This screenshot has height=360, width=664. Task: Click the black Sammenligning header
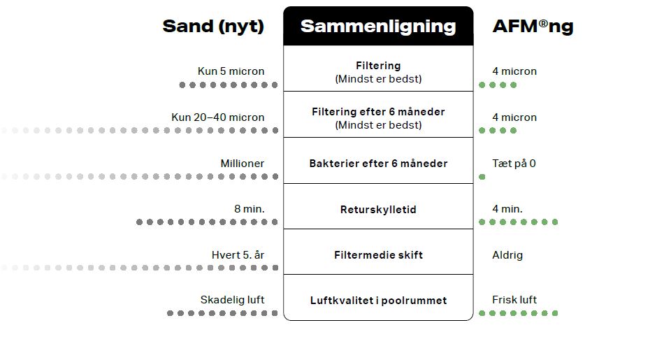(x=378, y=27)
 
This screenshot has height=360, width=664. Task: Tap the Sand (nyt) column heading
(x=213, y=27)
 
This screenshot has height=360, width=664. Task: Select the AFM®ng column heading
(x=533, y=27)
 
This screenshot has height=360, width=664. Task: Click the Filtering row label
(x=378, y=66)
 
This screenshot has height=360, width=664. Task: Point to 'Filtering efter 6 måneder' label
(x=378, y=112)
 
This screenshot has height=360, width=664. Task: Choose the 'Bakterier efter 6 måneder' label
(x=378, y=164)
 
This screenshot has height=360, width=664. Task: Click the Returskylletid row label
(x=378, y=210)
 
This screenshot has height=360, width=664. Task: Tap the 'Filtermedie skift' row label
(x=378, y=255)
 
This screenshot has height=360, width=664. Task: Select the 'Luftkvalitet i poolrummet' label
(x=378, y=301)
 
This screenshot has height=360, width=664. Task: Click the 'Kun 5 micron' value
(x=231, y=71)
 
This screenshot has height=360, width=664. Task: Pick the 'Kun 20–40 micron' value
(x=218, y=117)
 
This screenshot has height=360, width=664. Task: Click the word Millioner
(x=243, y=164)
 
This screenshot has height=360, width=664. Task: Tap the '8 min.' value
(x=250, y=209)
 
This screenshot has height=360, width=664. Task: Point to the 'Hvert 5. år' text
(x=238, y=255)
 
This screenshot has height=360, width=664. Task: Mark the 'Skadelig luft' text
(x=233, y=300)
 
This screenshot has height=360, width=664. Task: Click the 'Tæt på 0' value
(x=514, y=164)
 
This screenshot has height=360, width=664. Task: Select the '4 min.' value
(x=507, y=209)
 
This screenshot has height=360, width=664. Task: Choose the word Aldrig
(x=507, y=255)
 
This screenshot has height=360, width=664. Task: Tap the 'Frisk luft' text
(x=514, y=300)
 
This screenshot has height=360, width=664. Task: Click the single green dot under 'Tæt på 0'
(x=482, y=177)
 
